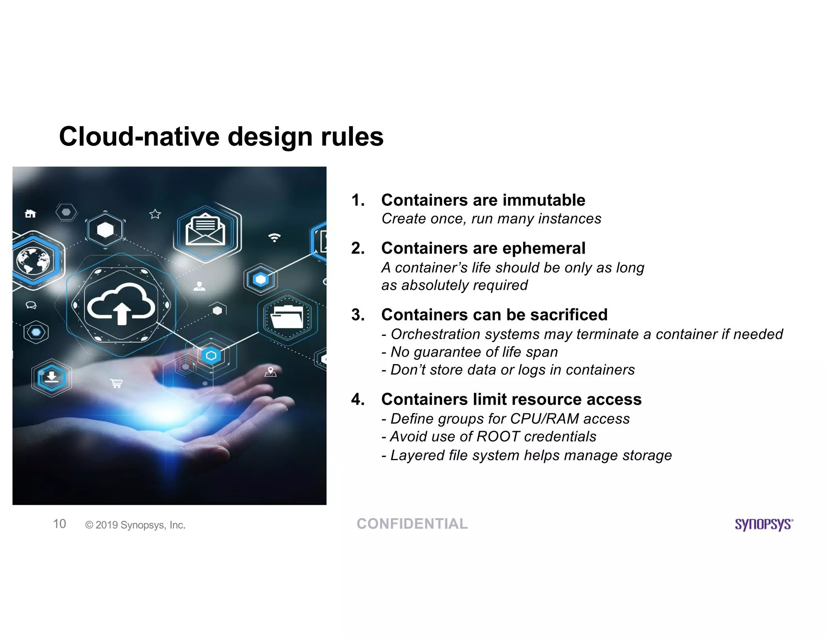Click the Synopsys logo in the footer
[x=763, y=524]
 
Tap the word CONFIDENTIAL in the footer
[x=412, y=524]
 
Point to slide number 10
[x=60, y=524]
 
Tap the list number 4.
[x=357, y=399]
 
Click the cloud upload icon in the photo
[x=121, y=304]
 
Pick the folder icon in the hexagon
[x=287, y=317]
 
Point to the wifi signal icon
[x=274, y=238]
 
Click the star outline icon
[x=155, y=214]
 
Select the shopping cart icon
[x=117, y=383]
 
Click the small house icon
[x=31, y=213]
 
